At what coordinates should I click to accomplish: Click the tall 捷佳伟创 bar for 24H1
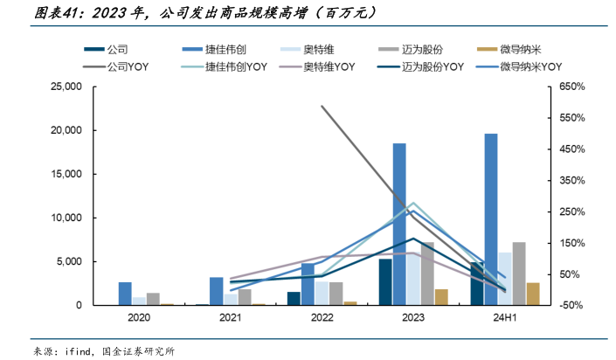[491, 219]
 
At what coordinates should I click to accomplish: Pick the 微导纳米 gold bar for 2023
[441, 297]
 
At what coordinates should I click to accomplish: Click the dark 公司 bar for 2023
[385, 282]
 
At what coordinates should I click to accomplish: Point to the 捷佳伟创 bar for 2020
[126, 294]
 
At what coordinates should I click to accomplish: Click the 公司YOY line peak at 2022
[322, 107]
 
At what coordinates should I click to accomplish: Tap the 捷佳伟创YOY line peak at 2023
[413, 204]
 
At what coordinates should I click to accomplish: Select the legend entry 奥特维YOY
[329, 66]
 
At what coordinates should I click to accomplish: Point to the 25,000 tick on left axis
[66, 87]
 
